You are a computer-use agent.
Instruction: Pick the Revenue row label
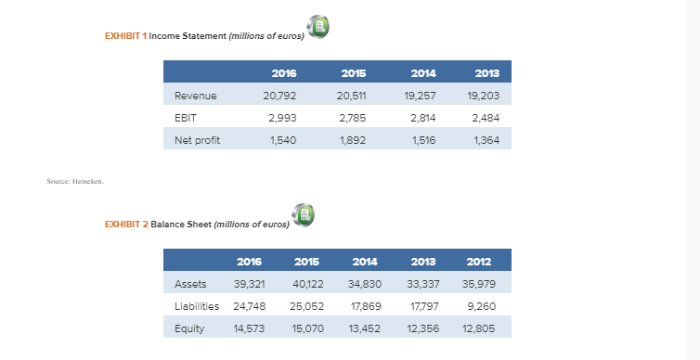click(x=195, y=96)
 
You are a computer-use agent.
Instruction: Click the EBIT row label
click(x=186, y=118)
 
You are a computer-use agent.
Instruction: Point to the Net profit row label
click(x=197, y=140)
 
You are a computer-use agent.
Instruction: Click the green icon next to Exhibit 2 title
click(x=303, y=215)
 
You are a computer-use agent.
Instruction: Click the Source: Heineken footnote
click(x=75, y=182)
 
